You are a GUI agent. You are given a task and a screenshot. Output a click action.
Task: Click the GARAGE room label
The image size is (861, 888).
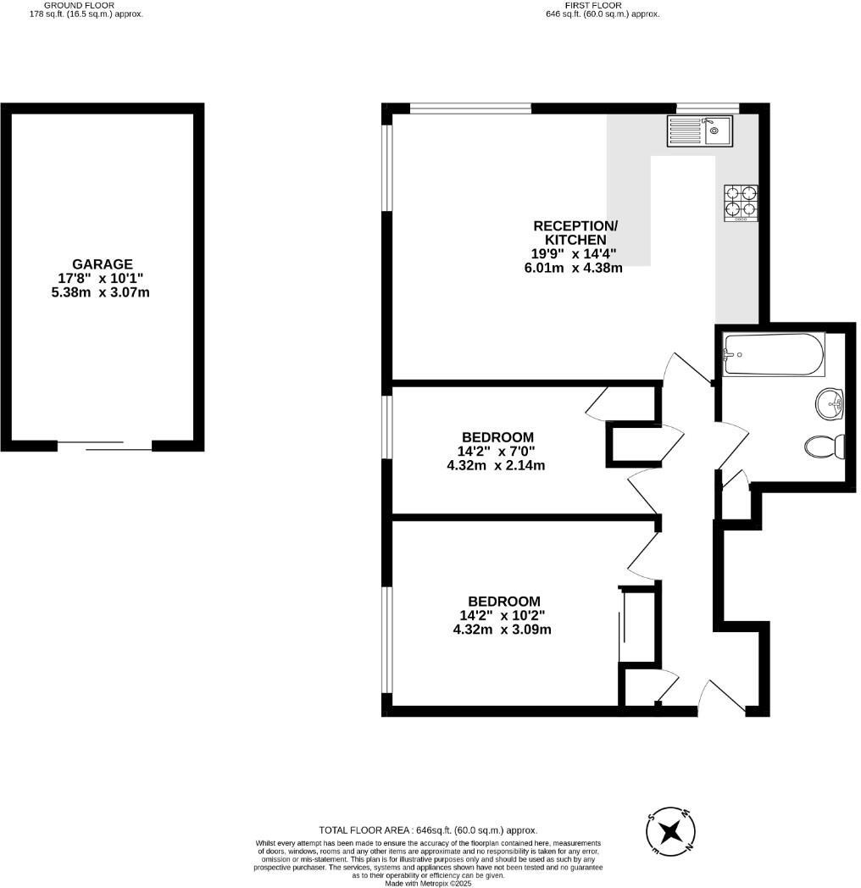102,264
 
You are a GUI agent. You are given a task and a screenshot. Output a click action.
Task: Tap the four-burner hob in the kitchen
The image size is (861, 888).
740,203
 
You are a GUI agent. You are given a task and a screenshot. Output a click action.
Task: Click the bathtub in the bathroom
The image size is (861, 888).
773,355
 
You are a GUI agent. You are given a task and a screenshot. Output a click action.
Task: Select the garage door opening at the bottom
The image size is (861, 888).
104,444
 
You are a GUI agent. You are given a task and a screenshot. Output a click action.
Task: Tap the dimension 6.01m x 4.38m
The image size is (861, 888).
574,268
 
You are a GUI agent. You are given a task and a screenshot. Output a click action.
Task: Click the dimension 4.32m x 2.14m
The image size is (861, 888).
496,464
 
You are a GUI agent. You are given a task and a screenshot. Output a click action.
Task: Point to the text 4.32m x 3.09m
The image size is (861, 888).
503,630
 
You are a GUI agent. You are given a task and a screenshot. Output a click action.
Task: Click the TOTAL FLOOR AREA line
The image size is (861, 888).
428,830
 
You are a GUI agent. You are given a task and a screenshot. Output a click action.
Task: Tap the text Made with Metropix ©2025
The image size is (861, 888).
428,882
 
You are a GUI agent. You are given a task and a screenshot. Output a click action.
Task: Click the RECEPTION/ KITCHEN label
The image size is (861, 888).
575,232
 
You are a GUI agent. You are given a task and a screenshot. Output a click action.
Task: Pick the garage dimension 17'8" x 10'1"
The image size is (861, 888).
102,278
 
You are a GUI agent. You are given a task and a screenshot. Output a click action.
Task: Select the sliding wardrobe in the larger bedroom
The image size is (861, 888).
623,627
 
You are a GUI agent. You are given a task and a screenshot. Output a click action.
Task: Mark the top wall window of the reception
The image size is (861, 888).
470,108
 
